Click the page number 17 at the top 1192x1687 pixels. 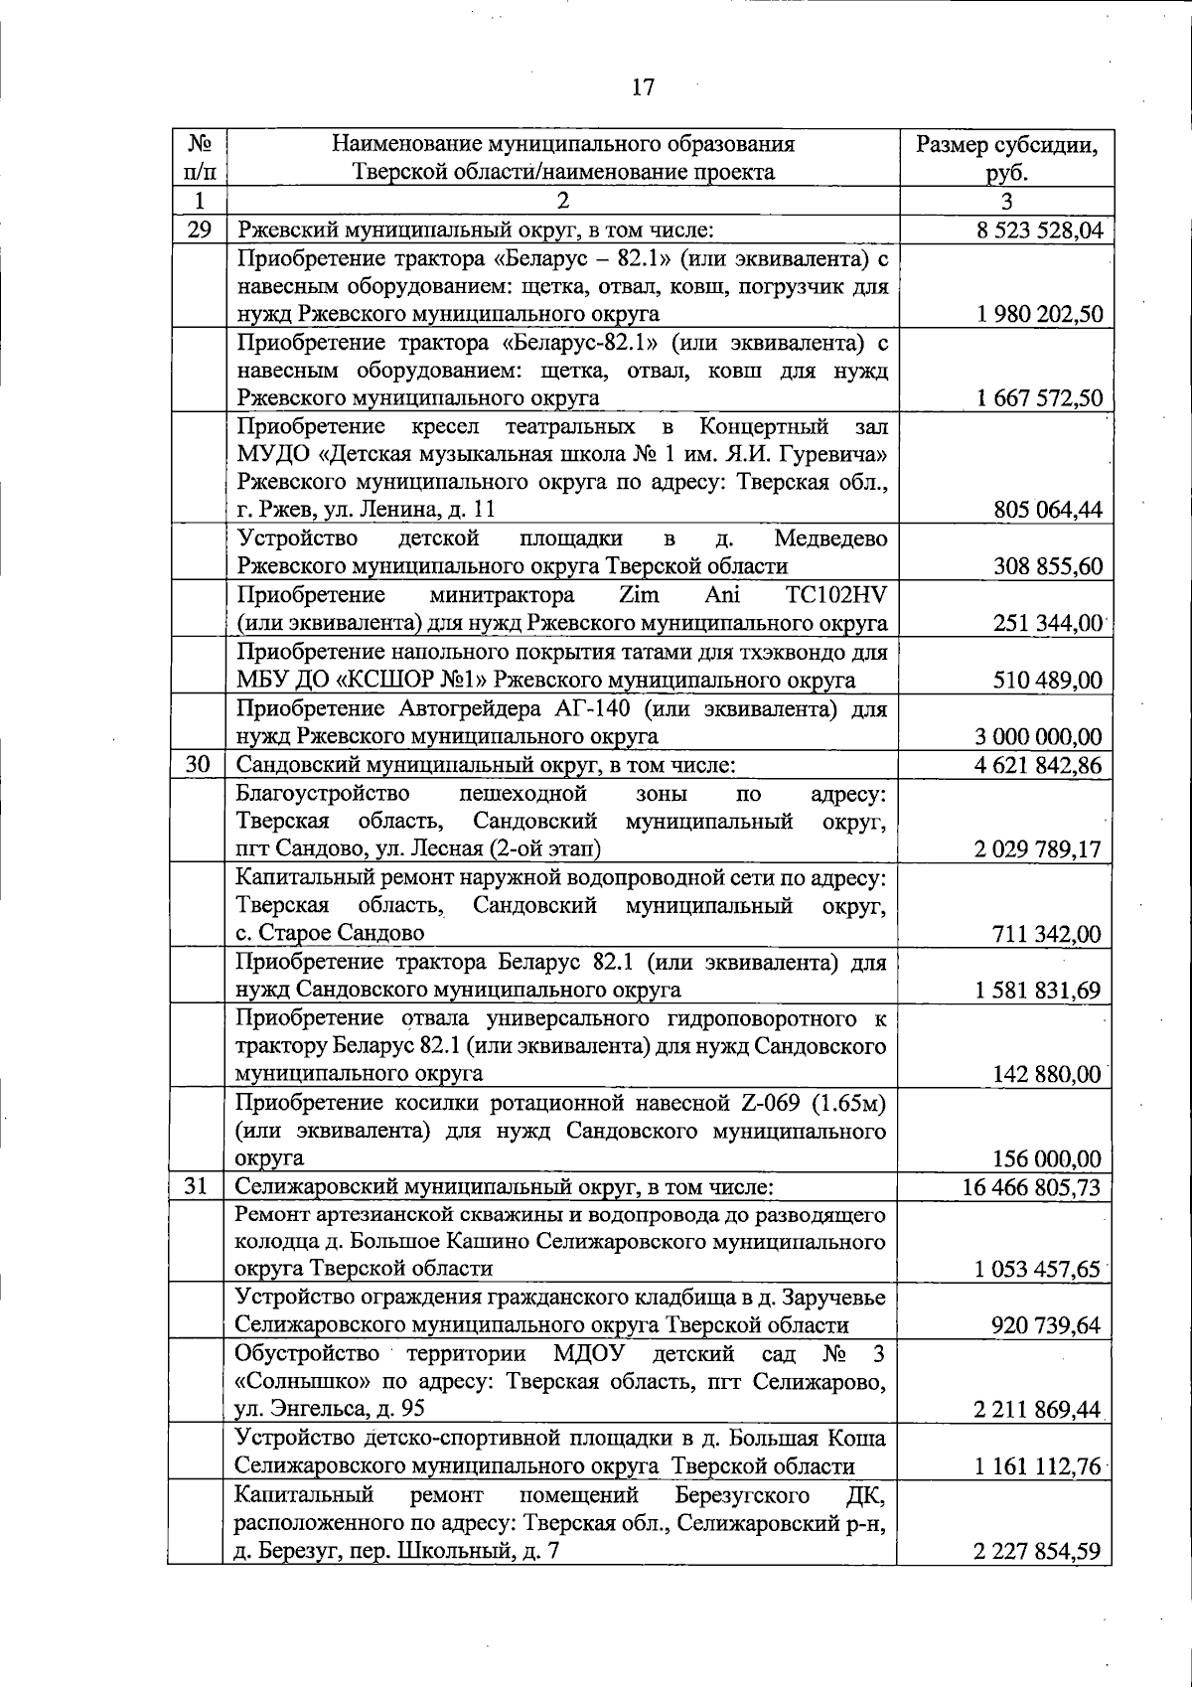click(x=643, y=87)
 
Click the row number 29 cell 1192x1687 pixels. click(x=199, y=230)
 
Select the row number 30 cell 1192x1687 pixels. click(x=199, y=765)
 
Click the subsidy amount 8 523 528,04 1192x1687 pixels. click(x=1040, y=230)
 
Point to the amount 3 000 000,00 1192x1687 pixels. click(x=1038, y=737)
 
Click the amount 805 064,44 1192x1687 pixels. click(x=1047, y=511)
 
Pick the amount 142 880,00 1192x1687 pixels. click(x=1047, y=1074)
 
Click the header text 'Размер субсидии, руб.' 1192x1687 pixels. click(x=1007, y=158)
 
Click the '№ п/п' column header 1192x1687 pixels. click(x=197, y=158)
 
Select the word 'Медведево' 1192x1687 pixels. click(x=830, y=538)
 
